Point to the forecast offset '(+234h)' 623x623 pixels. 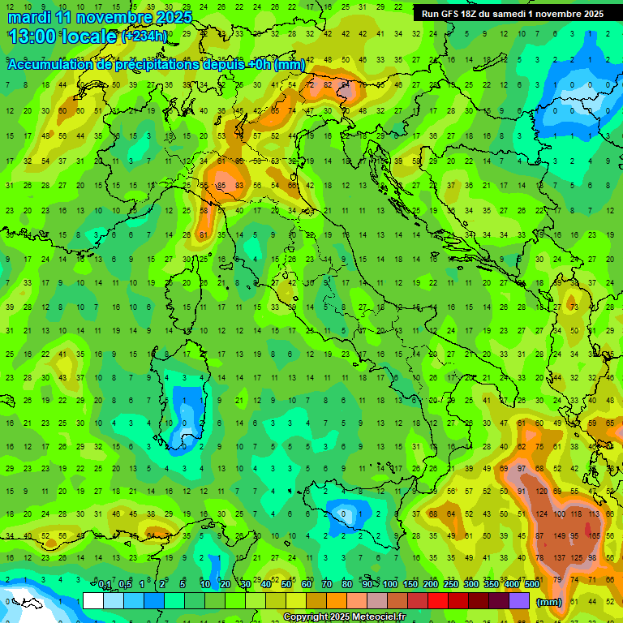144,37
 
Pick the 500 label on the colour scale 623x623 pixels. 532,585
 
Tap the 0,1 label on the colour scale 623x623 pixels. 105,585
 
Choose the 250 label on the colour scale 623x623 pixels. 450,585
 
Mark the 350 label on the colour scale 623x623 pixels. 491,585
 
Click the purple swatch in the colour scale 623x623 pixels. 519,600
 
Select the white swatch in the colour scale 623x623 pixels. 93,600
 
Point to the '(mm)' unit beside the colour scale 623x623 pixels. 549,602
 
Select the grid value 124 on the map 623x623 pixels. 539,513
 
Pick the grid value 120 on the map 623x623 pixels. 539,492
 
